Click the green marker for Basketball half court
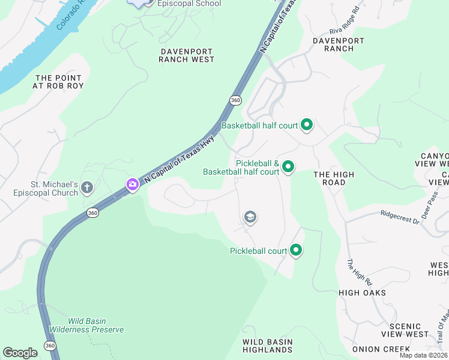pos(307,125)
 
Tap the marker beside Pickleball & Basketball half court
pos(288,167)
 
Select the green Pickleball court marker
pos(295,251)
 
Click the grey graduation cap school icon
pos(250,217)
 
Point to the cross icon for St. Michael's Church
pos(87,188)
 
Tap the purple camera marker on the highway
pos(132,184)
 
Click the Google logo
pos(20,353)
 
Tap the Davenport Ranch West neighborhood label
pos(187,55)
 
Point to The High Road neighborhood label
pos(334,179)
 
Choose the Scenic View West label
pos(400,330)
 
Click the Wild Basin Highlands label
pos(267,346)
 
